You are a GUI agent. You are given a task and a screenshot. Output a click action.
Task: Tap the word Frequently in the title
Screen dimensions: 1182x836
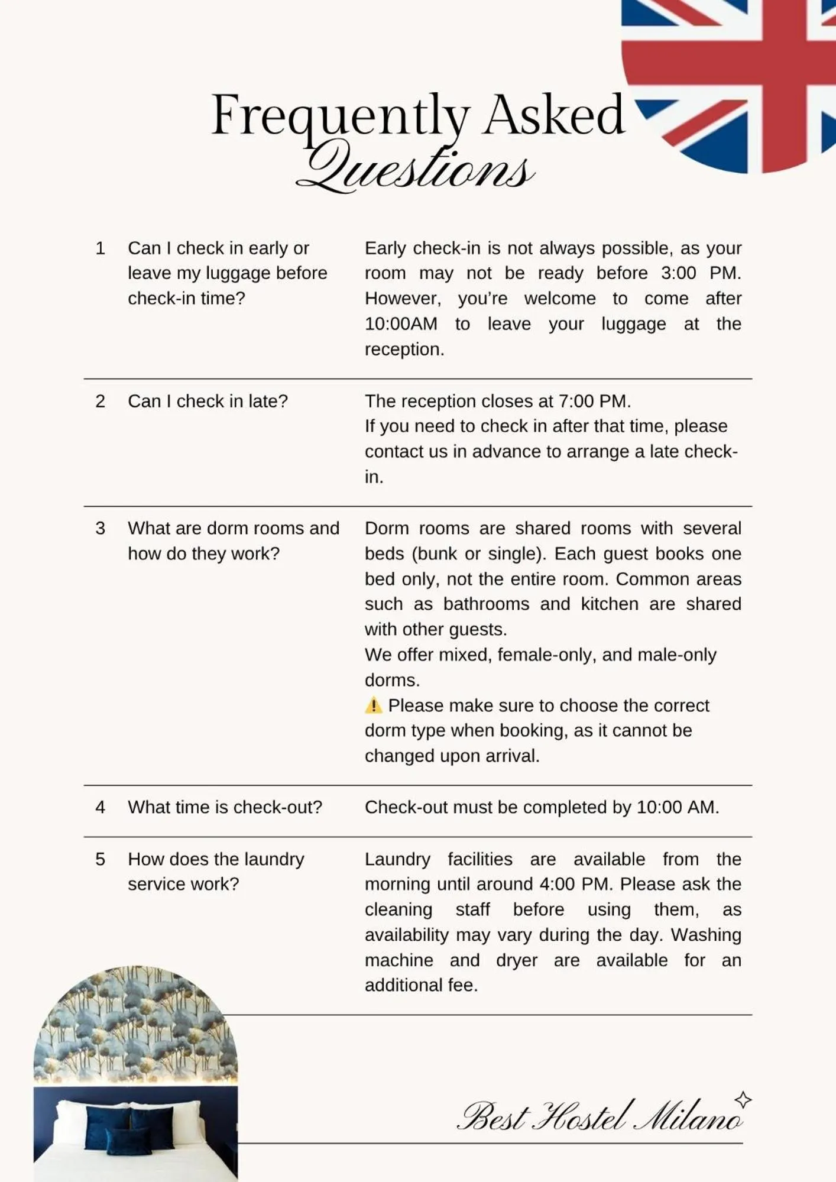click(341, 116)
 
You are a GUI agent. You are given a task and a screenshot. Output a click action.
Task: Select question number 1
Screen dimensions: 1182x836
click(101, 248)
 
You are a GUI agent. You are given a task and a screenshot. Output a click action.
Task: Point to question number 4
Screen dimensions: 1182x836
click(101, 807)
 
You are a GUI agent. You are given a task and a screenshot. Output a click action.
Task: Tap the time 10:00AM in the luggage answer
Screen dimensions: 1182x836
click(401, 324)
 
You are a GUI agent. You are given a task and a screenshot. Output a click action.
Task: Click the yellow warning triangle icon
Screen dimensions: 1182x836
click(374, 705)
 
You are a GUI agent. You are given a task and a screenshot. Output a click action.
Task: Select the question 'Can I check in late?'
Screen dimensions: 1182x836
click(208, 401)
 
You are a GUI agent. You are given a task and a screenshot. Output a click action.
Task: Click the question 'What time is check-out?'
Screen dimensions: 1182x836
click(225, 807)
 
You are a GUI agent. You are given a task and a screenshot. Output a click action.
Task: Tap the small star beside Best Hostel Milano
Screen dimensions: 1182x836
click(743, 1100)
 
